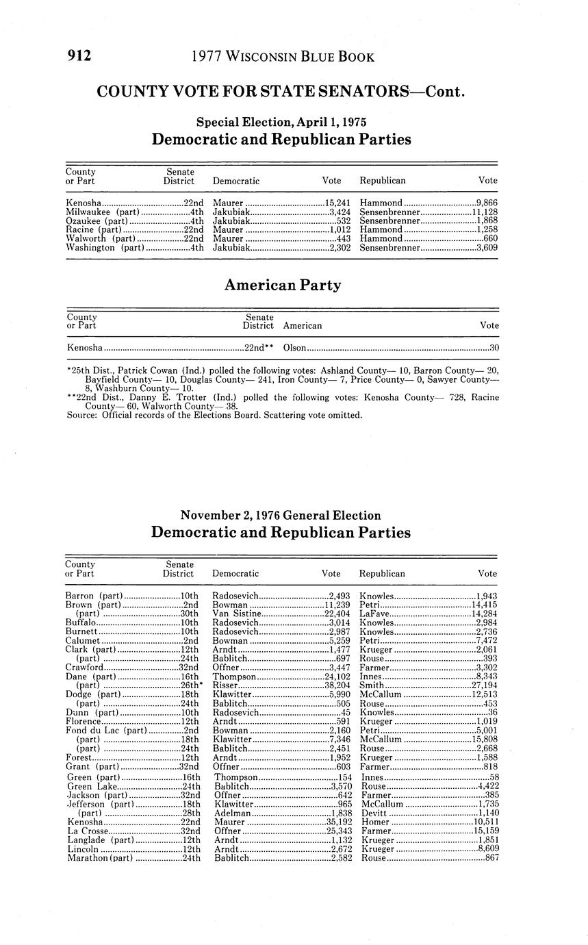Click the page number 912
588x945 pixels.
coord(79,56)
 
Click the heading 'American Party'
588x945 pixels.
coord(282,286)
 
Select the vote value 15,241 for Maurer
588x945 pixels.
coord(337,203)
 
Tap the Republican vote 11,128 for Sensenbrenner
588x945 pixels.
coord(484,212)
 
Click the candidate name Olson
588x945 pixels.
coord(294,348)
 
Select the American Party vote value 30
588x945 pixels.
coord(494,348)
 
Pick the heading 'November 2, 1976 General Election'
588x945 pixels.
coord(280,515)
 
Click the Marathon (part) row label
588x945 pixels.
coord(100,857)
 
